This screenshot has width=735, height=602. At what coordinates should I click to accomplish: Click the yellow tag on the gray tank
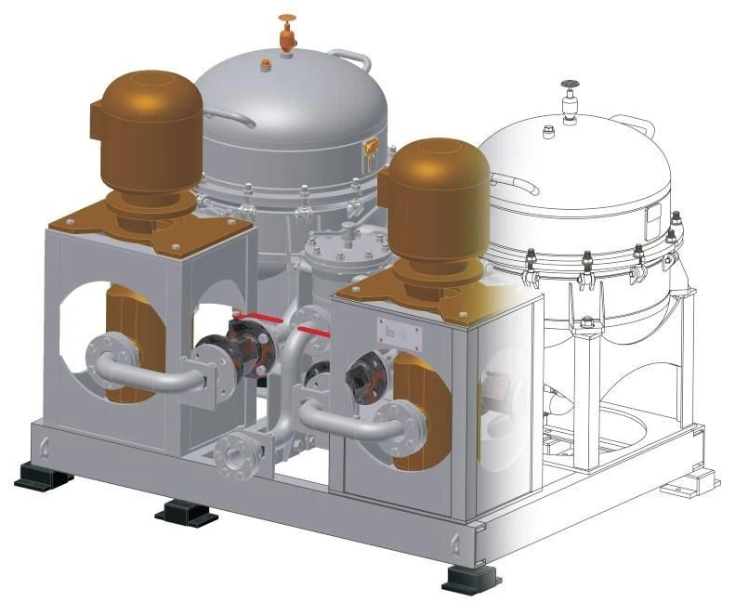pos(372,150)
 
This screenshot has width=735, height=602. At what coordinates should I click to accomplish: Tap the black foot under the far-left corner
pos(43,478)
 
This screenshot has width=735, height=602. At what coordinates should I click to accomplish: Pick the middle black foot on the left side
pos(186,512)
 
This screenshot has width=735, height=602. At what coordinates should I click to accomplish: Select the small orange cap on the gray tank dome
pos(268,64)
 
